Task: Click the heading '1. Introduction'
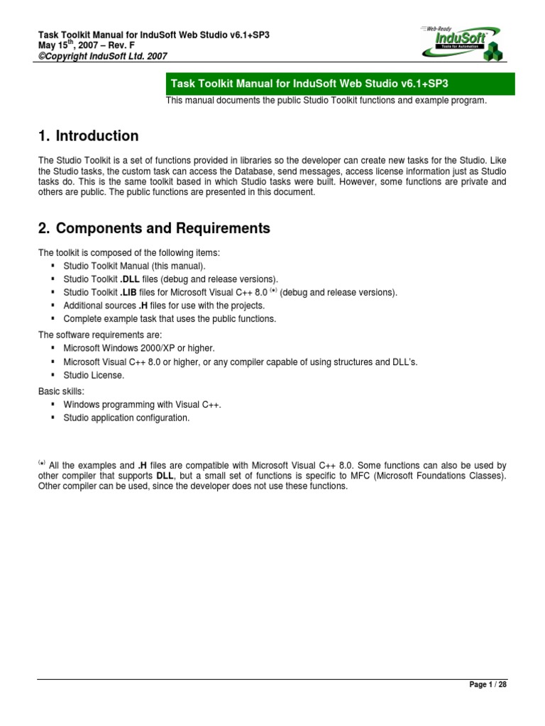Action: (x=88, y=135)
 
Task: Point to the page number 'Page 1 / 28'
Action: (x=488, y=685)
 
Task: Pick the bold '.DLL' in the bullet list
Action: (x=130, y=279)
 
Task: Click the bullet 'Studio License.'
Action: (x=94, y=375)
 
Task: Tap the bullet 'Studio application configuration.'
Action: (x=126, y=418)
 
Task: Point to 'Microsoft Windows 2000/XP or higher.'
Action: (x=138, y=348)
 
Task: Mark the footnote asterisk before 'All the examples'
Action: (x=42, y=462)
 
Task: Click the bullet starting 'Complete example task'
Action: (x=169, y=319)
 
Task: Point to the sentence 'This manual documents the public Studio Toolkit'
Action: (x=326, y=101)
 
